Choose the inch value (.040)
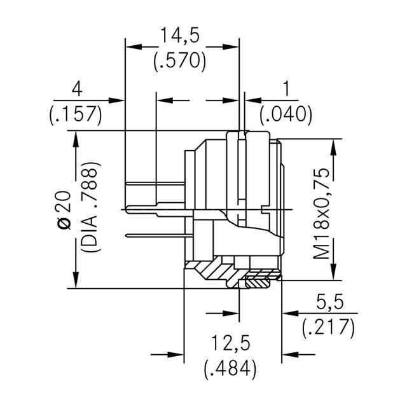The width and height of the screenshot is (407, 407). [286, 114]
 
